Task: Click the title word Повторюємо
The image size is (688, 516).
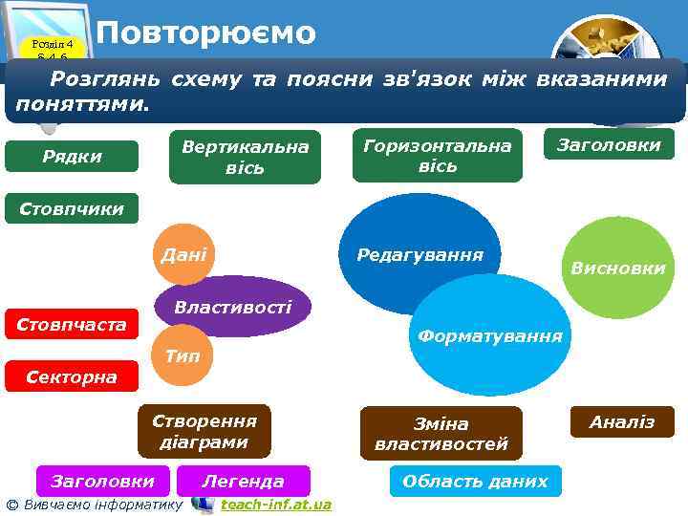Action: click(205, 32)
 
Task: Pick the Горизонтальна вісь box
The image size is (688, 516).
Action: click(438, 155)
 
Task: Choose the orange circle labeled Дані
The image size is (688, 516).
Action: click(183, 255)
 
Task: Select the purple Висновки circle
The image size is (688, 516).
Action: click(617, 269)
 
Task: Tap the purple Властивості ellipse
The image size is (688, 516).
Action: click(233, 307)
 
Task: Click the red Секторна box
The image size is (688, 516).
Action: click(72, 376)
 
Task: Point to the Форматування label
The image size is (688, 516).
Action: click(489, 336)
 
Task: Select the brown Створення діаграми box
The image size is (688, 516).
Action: click(204, 432)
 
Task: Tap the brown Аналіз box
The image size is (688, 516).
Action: click(622, 422)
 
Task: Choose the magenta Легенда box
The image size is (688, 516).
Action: click(244, 482)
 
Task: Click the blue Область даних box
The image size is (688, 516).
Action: click(475, 482)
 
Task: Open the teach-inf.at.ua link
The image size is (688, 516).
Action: click(275, 505)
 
